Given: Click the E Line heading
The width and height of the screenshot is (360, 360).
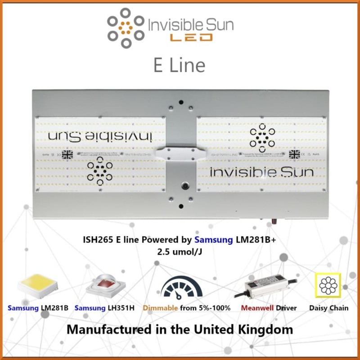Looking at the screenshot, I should click(179, 65).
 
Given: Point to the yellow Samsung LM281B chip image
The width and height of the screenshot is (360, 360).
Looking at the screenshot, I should click(37, 286).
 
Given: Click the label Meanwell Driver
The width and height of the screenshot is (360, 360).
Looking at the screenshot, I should click(269, 308).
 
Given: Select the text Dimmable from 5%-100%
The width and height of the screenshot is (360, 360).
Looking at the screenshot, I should click(187, 308).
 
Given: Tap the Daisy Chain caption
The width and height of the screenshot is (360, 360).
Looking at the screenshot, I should click(329, 308).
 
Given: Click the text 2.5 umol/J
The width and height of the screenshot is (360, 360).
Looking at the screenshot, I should click(180, 252).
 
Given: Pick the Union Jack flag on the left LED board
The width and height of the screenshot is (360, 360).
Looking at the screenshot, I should click(67, 154).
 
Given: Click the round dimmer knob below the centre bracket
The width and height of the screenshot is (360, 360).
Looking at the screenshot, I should click(184, 185).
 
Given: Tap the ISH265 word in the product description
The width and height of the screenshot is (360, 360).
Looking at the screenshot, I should click(97, 241).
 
